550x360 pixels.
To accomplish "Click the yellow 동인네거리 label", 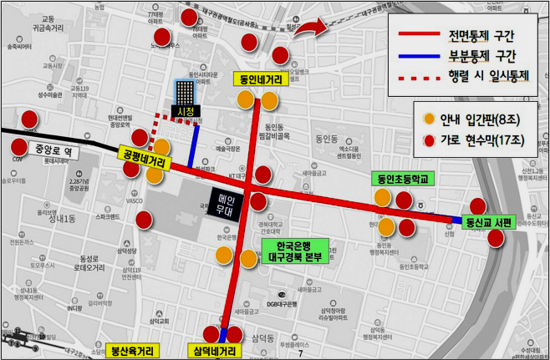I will pos(259,80).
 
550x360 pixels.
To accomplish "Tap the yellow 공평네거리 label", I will pos(143,156).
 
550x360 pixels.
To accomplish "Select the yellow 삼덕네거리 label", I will pos(213,351).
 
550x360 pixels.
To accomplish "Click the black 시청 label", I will pos(182,110).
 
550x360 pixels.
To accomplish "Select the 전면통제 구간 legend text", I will pos(481,35).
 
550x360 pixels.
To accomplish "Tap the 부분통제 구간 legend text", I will pos(481,57).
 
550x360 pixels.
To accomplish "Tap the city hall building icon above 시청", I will pos(182,92).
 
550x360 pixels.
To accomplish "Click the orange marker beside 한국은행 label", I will pos(248,258).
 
